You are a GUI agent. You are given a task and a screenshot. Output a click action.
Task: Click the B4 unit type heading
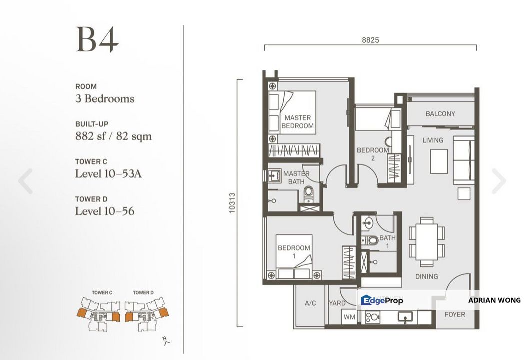click(x=97, y=40)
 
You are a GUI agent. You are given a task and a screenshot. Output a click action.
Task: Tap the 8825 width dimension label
click(x=370, y=40)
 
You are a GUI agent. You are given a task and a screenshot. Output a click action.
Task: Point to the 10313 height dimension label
click(x=232, y=203)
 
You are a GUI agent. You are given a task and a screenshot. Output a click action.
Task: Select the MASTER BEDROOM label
click(x=297, y=122)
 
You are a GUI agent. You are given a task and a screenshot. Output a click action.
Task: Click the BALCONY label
click(x=440, y=114)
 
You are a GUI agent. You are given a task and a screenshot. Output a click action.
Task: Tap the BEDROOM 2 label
click(x=372, y=154)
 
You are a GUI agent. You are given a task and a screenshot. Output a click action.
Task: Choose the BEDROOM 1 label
click(x=294, y=252)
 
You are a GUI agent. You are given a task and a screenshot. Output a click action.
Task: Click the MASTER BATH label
click(x=296, y=177)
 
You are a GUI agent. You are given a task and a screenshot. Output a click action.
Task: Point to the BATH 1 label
click(x=387, y=242)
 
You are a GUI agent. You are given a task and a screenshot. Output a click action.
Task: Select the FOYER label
click(x=454, y=314)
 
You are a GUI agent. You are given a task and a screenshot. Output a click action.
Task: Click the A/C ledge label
click(x=309, y=303)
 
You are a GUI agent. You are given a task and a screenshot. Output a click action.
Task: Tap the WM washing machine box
click(x=349, y=316)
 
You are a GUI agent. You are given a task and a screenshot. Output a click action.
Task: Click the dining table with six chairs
click(x=426, y=241)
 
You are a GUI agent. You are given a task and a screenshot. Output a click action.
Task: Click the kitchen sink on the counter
click(x=404, y=316)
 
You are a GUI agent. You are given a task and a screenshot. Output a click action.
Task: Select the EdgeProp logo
click(x=382, y=300)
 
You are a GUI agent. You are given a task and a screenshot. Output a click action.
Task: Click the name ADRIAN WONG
click(x=494, y=300)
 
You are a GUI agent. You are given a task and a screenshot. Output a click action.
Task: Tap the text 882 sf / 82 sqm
click(x=113, y=136)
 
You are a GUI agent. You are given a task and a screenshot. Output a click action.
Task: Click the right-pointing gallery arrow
click(x=498, y=181)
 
